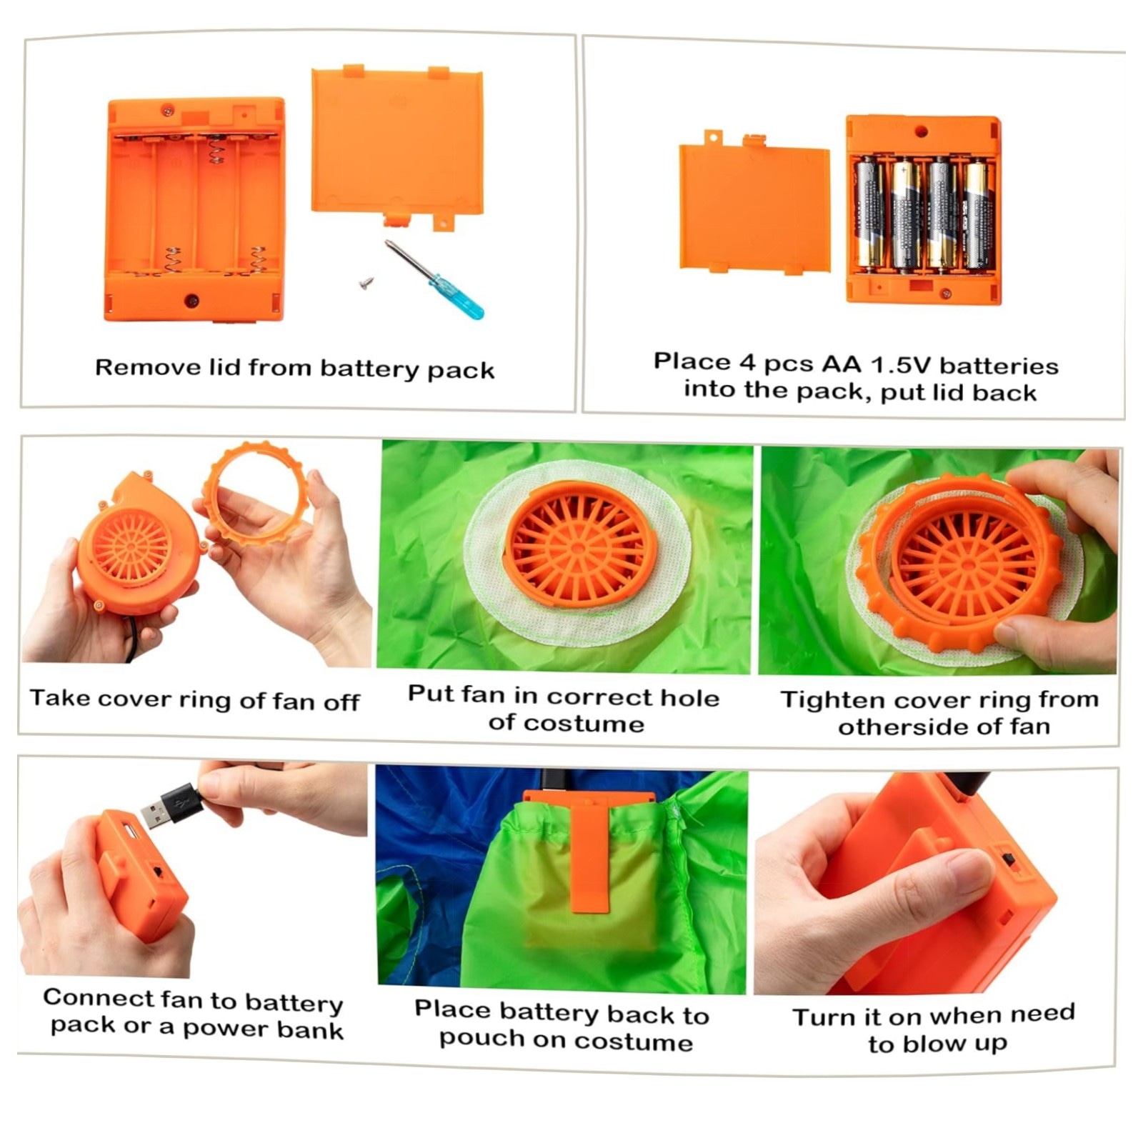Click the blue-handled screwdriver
coord(434,279)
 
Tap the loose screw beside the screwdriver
coord(367,284)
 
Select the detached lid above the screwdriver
coord(397,146)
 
